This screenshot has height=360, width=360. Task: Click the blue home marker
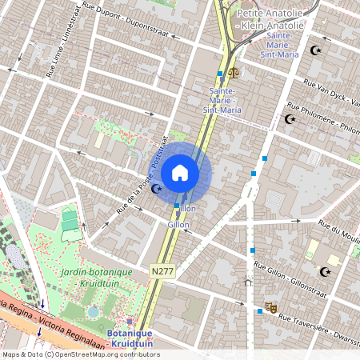180,173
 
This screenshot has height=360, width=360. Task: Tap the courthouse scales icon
234,72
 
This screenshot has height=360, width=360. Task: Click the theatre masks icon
271,306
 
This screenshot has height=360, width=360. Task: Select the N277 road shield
161,273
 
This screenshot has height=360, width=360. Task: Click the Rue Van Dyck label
331,91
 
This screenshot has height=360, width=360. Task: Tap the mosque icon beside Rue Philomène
290,120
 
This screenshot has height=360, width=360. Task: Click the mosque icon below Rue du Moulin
325,271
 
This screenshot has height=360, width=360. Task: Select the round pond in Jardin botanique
94,311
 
